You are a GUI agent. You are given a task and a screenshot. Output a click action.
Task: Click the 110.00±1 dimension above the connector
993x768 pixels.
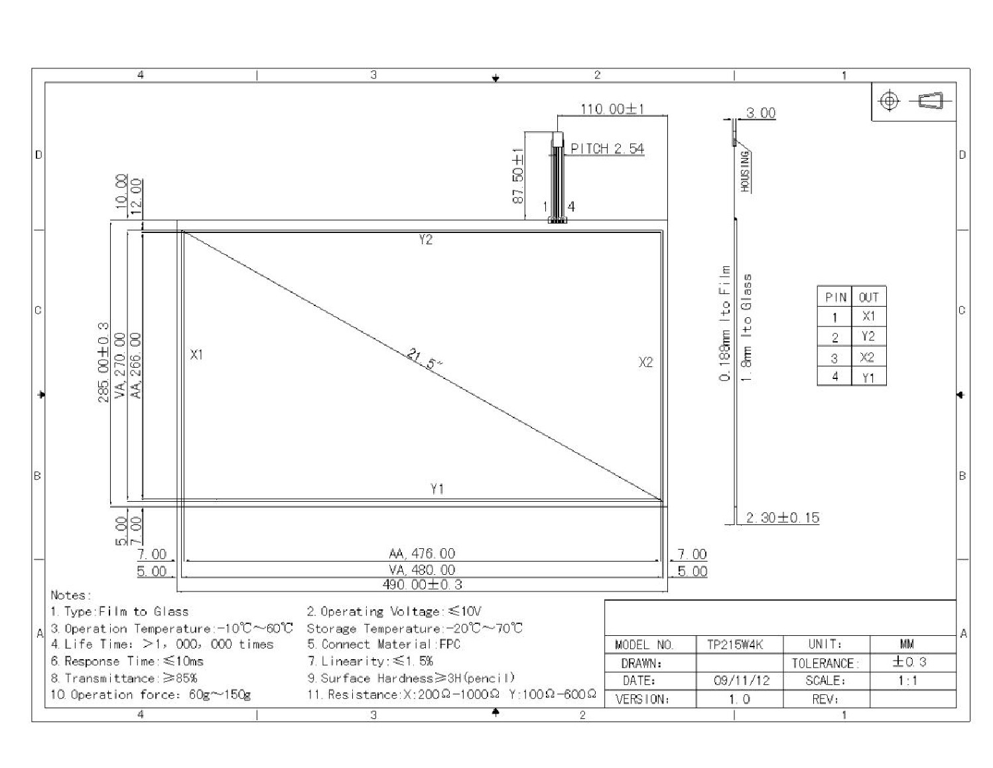point(612,109)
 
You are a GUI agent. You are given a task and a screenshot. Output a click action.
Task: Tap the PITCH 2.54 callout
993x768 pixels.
point(607,149)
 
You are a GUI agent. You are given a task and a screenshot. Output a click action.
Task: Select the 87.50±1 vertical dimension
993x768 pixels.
point(518,175)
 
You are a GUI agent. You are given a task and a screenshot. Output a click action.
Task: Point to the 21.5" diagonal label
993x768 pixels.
point(425,359)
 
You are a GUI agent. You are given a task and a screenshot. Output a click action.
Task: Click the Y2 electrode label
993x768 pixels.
point(425,240)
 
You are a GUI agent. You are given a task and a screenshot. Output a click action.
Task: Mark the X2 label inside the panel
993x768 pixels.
point(645,362)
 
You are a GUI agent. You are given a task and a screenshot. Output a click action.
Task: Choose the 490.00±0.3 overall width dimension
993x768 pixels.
point(423,584)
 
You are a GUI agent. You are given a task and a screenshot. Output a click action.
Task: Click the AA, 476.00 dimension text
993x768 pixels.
point(422,554)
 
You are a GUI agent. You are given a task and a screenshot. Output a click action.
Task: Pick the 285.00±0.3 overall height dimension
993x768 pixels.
point(103,362)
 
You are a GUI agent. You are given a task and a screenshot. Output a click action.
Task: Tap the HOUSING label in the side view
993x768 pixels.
point(745,171)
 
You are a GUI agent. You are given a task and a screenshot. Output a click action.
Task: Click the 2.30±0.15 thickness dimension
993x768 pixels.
point(782,518)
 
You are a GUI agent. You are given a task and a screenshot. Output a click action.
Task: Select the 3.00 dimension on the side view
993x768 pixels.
point(761,113)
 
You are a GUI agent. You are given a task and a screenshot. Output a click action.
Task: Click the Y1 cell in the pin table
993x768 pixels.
point(868,378)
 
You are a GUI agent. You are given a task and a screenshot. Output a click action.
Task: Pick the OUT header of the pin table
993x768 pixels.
point(868,297)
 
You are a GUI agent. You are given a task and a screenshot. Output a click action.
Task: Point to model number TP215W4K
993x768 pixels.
point(735,645)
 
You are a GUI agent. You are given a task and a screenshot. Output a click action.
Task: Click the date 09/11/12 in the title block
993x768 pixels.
point(741,680)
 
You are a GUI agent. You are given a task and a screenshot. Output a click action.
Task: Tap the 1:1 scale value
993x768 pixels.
point(907,680)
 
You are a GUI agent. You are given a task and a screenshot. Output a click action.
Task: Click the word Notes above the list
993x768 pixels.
point(71,595)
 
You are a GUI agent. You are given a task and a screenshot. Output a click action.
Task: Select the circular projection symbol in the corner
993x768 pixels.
point(890,101)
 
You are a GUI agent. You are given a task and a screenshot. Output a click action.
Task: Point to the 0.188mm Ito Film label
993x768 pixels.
point(725,323)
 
